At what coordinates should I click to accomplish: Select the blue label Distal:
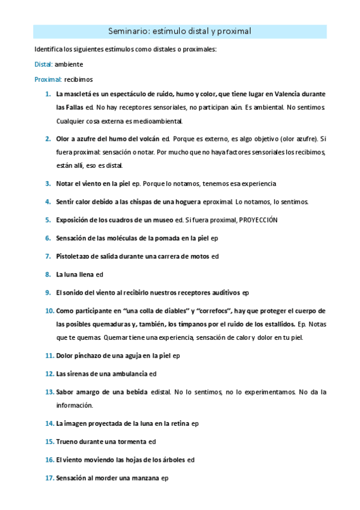(44, 64)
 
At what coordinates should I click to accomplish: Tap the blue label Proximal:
(48, 79)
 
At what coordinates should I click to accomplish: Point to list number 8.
(47, 274)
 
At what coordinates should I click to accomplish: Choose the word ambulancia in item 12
(126, 373)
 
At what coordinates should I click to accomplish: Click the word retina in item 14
(178, 424)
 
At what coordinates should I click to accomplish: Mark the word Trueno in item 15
(68, 441)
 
